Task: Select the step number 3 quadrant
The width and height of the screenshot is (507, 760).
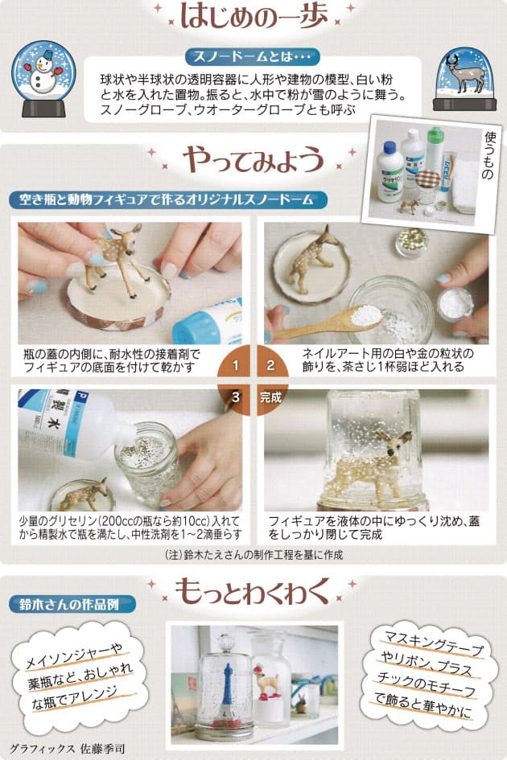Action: pyautogui.click(x=236, y=396)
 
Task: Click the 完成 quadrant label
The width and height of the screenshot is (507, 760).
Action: pyautogui.click(x=272, y=396)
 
